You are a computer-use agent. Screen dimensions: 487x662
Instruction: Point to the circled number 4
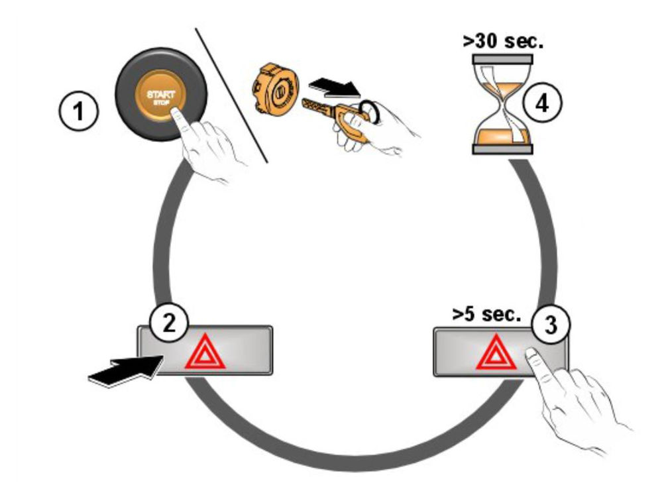541,103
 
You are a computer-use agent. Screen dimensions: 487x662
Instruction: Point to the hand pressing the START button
205,142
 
